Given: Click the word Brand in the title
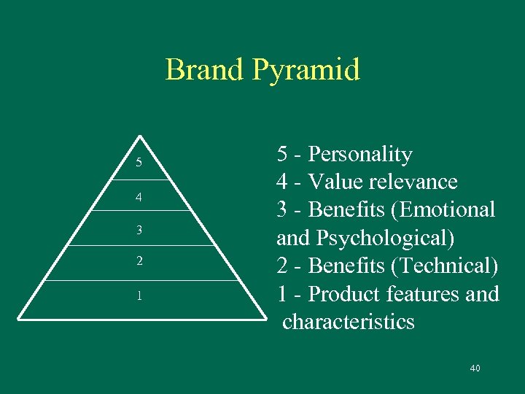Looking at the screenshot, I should (x=204, y=70).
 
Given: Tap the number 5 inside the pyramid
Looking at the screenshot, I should (x=139, y=162).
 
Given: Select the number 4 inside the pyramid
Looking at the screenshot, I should (x=139, y=197).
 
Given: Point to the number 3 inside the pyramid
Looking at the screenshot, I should (x=139, y=230).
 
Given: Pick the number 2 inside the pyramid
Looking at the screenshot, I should (x=139, y=260).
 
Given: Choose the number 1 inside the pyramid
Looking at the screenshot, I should (x=139, y=296).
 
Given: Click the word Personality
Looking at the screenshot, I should (x=360, y=155).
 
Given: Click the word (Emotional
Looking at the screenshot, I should (x=444, y=210).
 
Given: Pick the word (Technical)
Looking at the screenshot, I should (x=446, y=266).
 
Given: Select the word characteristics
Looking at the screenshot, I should (x=348, y=322).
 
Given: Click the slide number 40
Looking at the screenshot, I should (x=475, y=368).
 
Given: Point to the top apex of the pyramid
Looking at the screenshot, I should (x=139, y=136).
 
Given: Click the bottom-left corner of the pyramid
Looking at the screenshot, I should (x=18, y=318).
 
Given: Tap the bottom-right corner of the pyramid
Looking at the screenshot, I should (x=265, y=318).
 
